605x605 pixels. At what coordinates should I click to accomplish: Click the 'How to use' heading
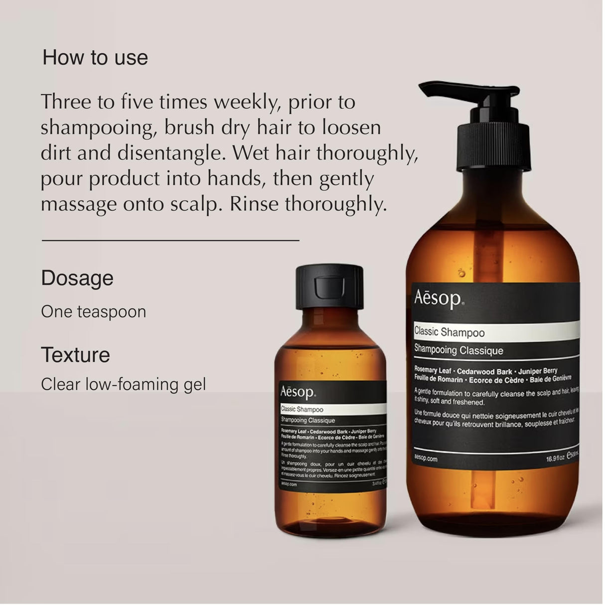click(x=95, y=58)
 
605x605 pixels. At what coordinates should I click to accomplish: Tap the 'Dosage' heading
click(x=77, y=278)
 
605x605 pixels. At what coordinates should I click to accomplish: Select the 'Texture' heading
click(x=75, y=355)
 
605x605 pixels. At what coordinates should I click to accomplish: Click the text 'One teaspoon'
click(x=94, y=312)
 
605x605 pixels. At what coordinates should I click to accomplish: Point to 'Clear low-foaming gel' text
click(x=123, y=385)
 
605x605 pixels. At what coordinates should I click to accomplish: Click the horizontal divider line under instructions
click(x=170, y=241)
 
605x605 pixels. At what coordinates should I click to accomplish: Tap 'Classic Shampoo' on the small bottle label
click(x=302, y=410)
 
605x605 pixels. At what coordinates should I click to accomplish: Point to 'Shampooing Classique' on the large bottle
click(x=458, y=350)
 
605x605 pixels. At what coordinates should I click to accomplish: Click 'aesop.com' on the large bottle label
click(x=426, y=459)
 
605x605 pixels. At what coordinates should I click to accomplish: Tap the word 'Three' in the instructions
click(x=65, y=102)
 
